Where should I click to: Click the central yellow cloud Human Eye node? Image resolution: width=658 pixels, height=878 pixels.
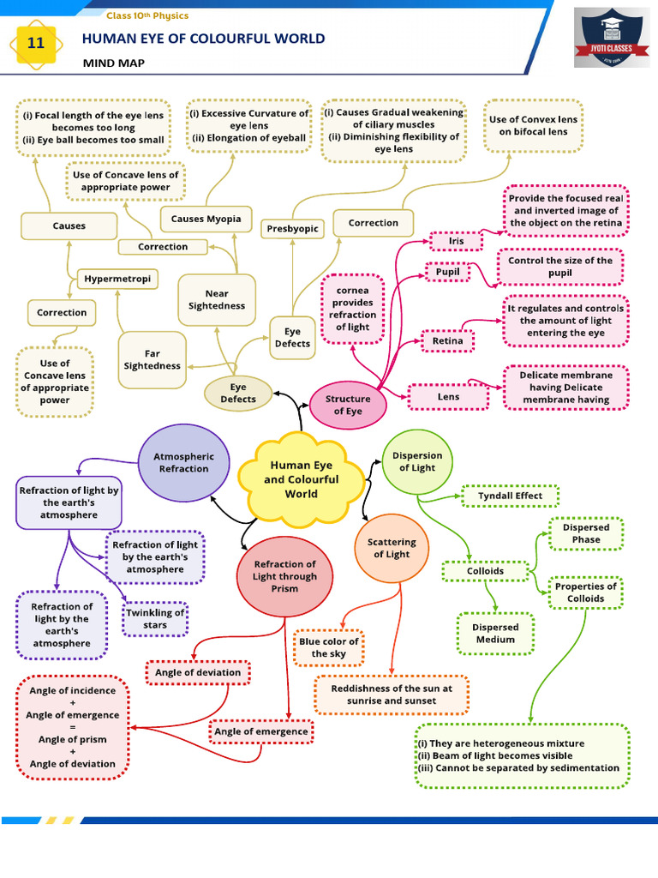coord(301,480)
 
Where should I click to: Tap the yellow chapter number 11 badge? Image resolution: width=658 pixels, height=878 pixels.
coord(36,42)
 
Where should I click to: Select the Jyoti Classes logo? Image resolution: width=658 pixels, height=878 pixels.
coord(611,38)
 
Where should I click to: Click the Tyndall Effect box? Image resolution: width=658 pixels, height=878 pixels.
coord(510,496)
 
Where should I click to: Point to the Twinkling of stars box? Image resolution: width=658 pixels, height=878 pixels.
coord(155,619)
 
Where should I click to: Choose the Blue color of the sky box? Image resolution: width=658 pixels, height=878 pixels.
coord(329,647)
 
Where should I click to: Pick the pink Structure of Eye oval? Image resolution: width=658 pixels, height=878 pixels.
coord(348,405)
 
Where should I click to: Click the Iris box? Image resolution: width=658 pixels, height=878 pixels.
coord(456,241)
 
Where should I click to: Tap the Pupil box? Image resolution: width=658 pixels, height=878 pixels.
coord(448,272)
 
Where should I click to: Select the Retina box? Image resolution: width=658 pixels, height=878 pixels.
coord(447,340)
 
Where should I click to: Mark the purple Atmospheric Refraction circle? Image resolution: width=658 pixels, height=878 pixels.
coord(183,463)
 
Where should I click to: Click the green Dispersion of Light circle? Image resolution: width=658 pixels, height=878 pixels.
coord(417,462)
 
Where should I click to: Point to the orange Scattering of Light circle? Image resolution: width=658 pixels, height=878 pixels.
coord(392,548)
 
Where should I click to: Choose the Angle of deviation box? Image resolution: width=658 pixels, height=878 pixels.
coord(198,673)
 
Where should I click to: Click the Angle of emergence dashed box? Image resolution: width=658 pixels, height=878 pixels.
coord(260,731)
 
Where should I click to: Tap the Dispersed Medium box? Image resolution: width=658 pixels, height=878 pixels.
coord(495,634)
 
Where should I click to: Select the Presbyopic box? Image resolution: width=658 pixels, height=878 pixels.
coord(291,228)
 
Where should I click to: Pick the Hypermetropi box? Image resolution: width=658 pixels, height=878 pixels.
coord(117,279)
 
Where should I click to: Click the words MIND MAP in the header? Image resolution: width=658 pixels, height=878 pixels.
coord(114,63)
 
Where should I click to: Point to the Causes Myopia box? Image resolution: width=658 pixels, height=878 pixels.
coord(206,219)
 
